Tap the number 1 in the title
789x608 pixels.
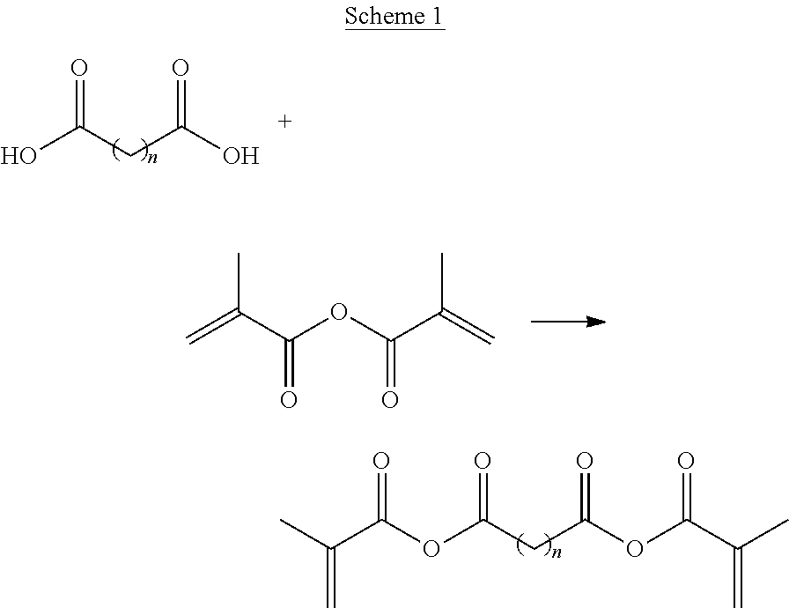(437, 16)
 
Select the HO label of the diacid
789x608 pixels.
(18, 156)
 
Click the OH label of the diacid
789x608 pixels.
(241, 156)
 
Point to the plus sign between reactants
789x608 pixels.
(284, 122)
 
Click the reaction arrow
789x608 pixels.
(569, 322)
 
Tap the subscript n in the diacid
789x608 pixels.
(152, 159)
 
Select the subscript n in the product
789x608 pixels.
(557, 552)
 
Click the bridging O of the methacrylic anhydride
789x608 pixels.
(339, 312)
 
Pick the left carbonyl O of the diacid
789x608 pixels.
(79, 68)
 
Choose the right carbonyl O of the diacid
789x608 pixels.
(181, 68)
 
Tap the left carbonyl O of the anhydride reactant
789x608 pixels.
(288, 400)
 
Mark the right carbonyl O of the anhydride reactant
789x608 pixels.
(390, 400)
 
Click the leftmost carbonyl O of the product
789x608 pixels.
(381, 461)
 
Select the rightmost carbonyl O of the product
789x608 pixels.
(686, 461)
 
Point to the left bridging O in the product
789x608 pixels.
(431, 548)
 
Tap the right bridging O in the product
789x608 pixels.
(635, 548)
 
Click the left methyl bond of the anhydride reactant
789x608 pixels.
(239, 282)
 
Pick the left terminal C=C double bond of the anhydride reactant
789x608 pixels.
(213, 327)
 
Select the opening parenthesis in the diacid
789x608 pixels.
(116, 152)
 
